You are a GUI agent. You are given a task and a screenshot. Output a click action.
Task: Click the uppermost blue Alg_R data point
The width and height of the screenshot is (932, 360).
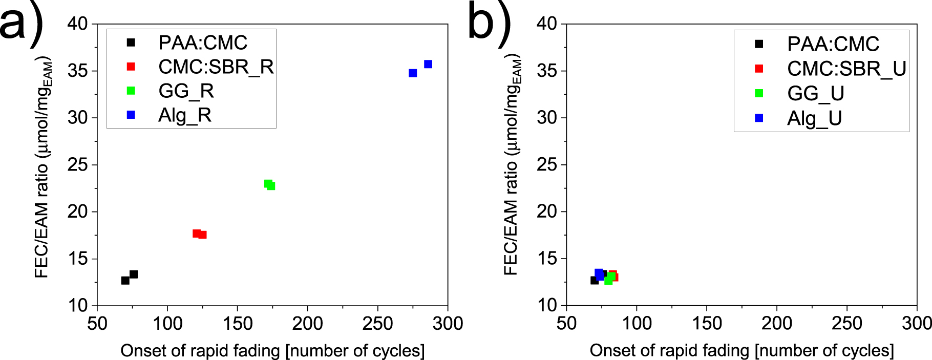pyautogui.click(x=428, y=64)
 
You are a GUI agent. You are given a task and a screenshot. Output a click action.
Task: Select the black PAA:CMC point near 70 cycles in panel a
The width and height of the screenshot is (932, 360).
pyautogui.click(x=125, y=280)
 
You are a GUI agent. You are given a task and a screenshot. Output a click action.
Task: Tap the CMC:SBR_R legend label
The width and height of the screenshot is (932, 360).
pyautogui.click(x=216, y=67)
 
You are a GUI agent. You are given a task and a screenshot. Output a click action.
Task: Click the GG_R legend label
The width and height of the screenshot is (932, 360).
pyautogui.click(x=186, y=91)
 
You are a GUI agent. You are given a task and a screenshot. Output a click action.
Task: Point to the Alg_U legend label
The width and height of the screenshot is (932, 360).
pyautogui.click(x=814, y=118)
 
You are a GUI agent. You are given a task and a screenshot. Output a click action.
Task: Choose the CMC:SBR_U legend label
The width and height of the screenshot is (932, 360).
pyautogui.click(x=846, y=69)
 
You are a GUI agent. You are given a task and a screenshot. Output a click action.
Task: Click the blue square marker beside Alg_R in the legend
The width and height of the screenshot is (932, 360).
pyautogui.click(x=131, y=115)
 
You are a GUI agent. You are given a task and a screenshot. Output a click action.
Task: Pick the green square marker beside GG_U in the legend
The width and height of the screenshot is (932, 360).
pyautogui.click(x=759, y=93)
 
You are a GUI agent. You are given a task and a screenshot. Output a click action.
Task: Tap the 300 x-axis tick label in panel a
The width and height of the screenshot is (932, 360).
pyautogui.click(x=448, y=324)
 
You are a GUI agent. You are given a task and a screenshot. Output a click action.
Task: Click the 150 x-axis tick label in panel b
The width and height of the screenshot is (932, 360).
pyautogui.click(x=707, y=324)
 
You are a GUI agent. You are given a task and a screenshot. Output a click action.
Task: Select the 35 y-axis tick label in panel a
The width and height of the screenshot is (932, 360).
pyautogui.click(x=78, y=71)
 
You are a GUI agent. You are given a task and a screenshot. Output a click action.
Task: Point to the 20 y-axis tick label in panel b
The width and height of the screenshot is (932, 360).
pyautogui.click(x=547, y=211)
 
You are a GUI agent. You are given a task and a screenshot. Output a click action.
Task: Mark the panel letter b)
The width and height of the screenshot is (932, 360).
pyautogui.click(x=489, y=23)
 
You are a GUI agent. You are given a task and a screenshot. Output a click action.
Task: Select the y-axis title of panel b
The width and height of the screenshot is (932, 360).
pyautogui.click(x=512, y=164)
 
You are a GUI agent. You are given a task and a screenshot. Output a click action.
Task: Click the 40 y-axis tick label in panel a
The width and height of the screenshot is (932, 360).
pyautogui.click(x=78, y=24)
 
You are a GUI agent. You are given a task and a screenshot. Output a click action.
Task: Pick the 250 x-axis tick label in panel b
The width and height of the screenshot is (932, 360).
pyautogui.click(x=847, y=324)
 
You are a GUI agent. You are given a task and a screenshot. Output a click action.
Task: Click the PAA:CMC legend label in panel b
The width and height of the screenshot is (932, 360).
pyautogui.click(x=833, y=44)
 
